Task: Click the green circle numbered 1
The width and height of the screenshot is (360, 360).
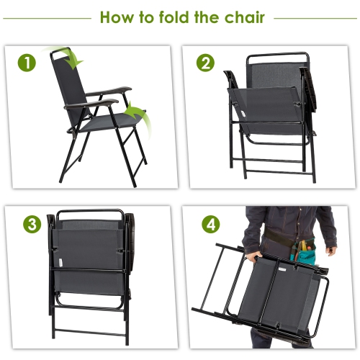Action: (x=27, y=63)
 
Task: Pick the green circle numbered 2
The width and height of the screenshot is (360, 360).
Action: (x=206, y=63)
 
